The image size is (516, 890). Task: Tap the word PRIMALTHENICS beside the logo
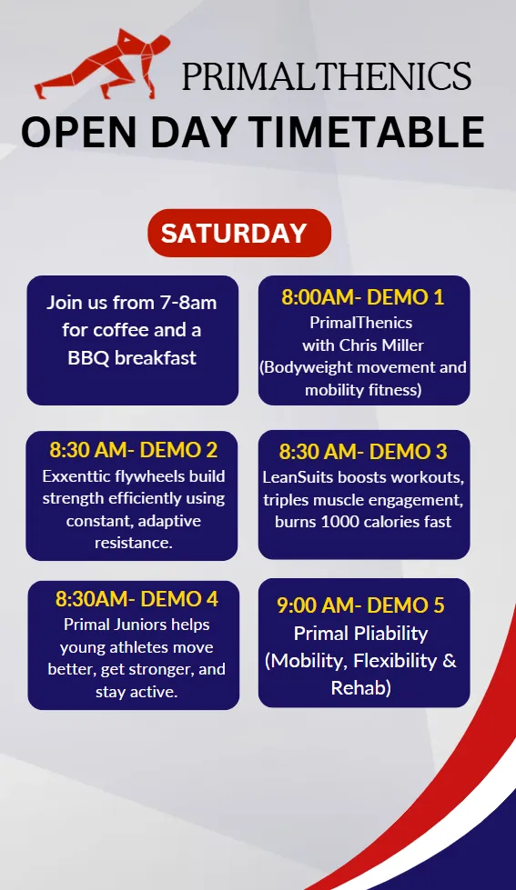pos(327,76)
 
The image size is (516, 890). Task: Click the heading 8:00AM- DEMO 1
pos(363,297)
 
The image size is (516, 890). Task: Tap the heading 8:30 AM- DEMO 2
pos(134,450)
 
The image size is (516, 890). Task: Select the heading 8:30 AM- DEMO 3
pos(363,452)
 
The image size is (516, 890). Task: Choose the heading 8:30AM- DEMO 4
pos(137,599)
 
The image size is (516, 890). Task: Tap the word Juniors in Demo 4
pos(140,625)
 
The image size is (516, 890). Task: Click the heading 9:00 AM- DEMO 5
pos(361,605)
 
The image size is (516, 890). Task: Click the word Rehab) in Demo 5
pos(361,688)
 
